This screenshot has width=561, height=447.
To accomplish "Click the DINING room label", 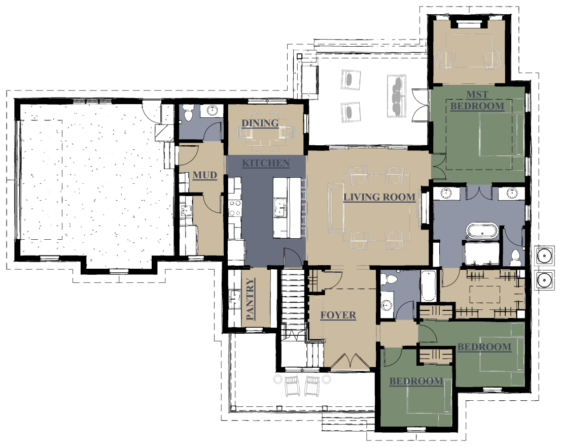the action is tap(260, 123).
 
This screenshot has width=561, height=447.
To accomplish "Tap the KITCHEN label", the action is tap(266, 163).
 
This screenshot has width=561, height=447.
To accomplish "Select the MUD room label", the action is tap(205, 175).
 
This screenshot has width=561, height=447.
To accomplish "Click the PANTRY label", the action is tap(251, 299).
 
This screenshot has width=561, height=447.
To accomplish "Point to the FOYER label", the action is tap(338, 315).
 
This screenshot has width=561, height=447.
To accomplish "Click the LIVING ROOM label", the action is tap(379, 197).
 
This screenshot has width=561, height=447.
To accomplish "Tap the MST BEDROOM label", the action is tap(477, 100).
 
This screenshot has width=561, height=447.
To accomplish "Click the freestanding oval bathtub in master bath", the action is tap(483, 231).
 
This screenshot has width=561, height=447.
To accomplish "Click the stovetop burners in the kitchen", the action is tap(235, 208).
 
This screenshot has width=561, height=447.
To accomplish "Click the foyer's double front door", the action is tap(350, 361).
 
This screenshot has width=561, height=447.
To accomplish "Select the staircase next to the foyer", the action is tap(293, 319).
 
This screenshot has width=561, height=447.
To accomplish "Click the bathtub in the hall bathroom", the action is tap(428, 286).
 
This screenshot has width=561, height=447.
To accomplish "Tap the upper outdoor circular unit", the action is tap(544, 256).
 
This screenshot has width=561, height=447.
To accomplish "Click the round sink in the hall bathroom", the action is tap(387, 305).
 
